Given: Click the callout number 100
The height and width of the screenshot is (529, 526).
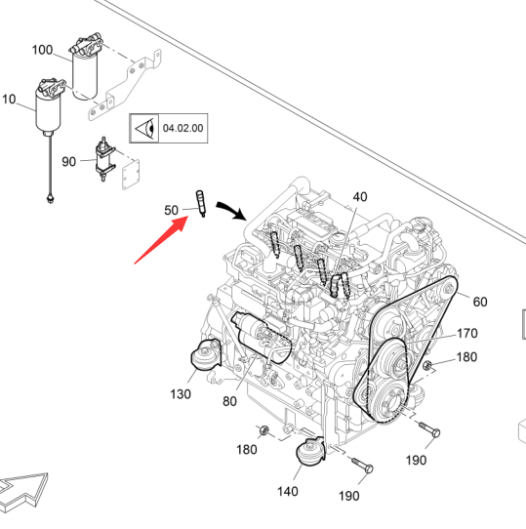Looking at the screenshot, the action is tap(42, 50).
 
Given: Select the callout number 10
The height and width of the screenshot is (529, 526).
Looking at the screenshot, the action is tap(9, 100).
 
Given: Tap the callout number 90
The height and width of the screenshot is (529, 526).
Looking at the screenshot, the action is tap(69, 162).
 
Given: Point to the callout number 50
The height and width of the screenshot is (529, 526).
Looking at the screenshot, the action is tap(171, 210).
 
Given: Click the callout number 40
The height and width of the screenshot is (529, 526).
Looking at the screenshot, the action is tap(360, 197).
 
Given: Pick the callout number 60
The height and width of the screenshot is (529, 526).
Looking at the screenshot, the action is tap(480, 302).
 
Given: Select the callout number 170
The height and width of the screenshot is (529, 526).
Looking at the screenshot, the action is tap(466, 334).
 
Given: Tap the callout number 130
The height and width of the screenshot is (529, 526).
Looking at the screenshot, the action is tap(181, 393).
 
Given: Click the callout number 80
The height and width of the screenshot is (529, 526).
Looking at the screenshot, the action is tap(229, 401).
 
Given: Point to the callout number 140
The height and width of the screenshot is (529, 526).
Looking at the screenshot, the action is tap(288, 491).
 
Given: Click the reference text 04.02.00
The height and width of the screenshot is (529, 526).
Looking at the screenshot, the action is tap(182, 128).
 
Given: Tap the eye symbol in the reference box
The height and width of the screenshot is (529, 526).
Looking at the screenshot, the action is tap(145, 128).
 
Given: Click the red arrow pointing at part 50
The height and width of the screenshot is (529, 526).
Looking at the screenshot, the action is tap(161, 240).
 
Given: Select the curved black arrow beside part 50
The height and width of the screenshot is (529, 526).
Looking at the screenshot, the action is tap(231, 210).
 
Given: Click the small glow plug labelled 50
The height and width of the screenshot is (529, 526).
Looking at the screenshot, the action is tap(201, 203).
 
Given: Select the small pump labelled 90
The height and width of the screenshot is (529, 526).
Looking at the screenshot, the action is tap(105, 159).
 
